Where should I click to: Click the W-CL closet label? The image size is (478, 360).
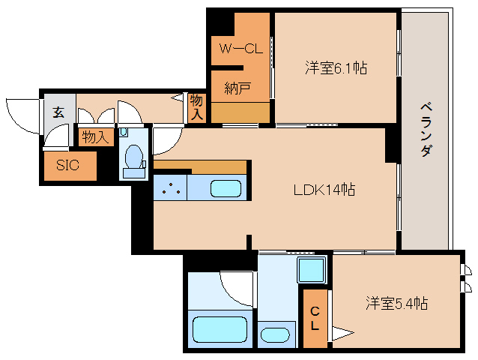tap(240, 49)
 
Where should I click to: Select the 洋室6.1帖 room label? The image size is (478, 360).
tap(335, 68)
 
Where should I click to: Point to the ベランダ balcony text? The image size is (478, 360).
tap(426, 127)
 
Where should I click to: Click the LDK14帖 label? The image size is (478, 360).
tap(324, 190)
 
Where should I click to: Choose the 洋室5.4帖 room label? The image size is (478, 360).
tap(396, 304)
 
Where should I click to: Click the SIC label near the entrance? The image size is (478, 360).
tap(67, 166)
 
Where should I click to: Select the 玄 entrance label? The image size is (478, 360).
tap(58, 112)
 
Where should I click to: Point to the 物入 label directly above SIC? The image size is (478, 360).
tap(96, 137)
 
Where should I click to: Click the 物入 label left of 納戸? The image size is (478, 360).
tap(196, 106)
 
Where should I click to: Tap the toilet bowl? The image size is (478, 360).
tap(135, 157)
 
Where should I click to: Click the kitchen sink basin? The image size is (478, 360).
tap(225, 188)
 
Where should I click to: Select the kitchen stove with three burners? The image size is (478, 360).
tap(172, 189)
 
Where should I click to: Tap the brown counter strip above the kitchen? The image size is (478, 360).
tap(201, 166)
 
